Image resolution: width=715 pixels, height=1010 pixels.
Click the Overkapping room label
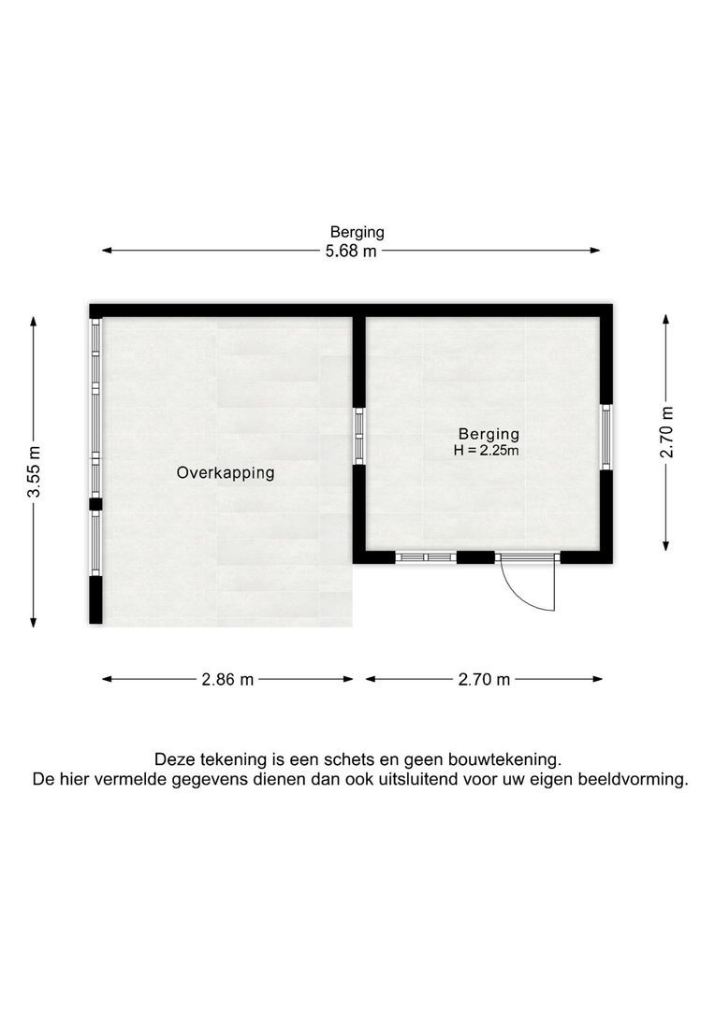click(226, 473)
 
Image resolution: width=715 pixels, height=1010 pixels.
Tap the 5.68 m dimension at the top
click(351, 252)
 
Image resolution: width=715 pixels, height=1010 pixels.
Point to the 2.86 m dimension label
click(227, 680)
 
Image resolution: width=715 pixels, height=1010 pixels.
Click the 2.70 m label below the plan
click(484, 680)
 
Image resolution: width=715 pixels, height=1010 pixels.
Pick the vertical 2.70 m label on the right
click(666, 432)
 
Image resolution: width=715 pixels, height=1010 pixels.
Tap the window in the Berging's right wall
click(606, 437)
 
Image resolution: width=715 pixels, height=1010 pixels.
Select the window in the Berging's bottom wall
click(426, 557)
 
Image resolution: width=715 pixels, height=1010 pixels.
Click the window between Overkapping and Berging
click(358, 436)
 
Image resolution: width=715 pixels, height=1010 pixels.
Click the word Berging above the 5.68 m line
click(357, 232)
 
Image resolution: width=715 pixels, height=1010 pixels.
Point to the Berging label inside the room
click(489, 434)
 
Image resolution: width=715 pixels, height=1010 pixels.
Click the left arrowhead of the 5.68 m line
click(107, 251)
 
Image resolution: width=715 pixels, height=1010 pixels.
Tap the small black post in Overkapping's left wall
click(95, 504)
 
